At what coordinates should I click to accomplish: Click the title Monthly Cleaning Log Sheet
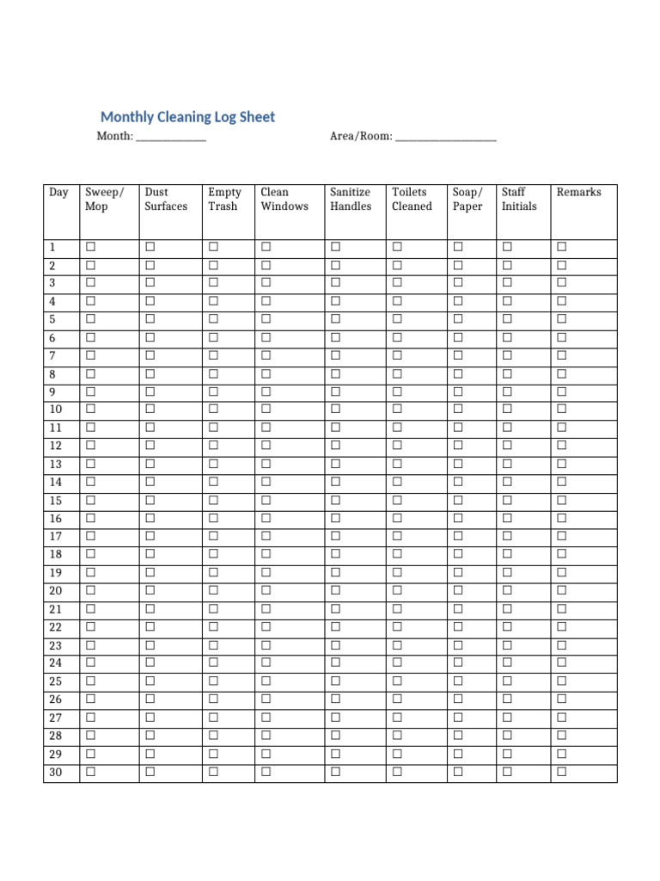click(187, 117)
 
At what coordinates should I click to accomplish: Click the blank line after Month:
click(171, 137)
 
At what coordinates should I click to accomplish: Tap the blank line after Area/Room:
click(445, 137)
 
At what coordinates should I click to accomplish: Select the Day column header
click(58, 193)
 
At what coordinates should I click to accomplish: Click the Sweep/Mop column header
click(104, 200)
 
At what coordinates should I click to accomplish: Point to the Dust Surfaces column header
click(165, 200)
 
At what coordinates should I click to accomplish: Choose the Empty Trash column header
click(224, 200)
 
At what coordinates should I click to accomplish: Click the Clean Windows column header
click(284, 200)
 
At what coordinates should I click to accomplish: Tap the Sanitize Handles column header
click(351, 200)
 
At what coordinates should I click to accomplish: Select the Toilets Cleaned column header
click(412, 200)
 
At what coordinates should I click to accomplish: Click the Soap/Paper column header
click(467, 200)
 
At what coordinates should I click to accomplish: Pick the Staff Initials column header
click(519, 200)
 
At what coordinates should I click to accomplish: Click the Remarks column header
click(578, 193)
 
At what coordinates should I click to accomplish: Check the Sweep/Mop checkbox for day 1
click(90, 247)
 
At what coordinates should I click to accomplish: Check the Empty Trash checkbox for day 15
click(213, 500)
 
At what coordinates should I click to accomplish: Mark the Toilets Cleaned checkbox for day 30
click(397, 772)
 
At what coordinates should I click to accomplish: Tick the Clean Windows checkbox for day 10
click(266, 409)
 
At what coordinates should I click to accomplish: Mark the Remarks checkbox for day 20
click(561, 590)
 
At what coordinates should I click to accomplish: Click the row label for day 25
click(56, 681)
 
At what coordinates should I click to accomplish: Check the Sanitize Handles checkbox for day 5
click(335, 319)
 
